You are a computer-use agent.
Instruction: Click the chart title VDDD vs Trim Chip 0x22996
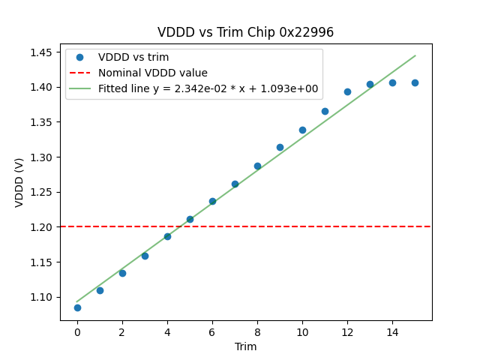click(245, 32)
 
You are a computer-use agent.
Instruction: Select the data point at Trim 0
click(77, 307)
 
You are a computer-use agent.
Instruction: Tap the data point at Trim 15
click(415, 82)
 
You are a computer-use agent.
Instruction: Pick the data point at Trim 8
click(257, 166)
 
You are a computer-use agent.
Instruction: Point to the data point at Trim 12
click(347, 91)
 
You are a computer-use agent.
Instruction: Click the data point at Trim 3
click(145, 256)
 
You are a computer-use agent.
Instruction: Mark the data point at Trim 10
click(302, 130)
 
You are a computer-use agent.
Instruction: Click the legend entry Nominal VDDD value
click(152, 73)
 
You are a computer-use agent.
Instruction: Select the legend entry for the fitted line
click(208, 88)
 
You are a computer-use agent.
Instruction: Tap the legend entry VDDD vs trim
click(133, 57)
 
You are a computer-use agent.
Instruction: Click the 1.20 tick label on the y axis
click(41, 226)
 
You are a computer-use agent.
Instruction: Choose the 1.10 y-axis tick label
click(41, 297)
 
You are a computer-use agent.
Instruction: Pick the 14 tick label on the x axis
click(392, 332)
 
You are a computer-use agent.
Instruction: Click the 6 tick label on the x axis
click(212, 332)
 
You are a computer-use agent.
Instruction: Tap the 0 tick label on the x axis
click(77, 332)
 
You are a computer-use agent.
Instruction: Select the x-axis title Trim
click(245, 346)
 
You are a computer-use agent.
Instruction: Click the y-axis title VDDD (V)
click(20, 182)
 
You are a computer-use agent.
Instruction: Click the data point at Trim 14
click(392, 82)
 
